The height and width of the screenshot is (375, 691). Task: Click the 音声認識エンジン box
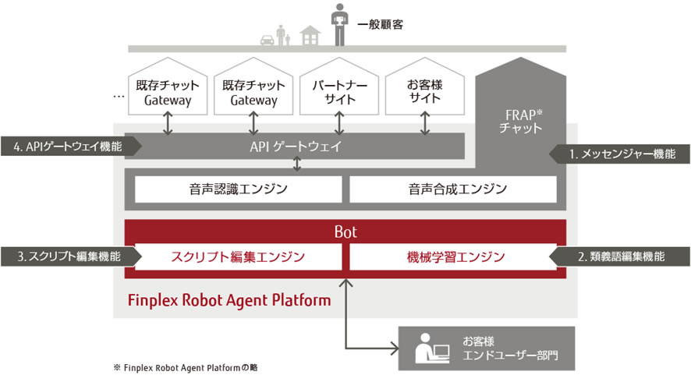[238, 189]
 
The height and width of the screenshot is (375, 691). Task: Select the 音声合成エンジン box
[453, 189]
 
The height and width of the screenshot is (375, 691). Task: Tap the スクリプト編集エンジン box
[238, 256]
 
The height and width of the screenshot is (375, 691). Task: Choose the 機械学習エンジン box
[453, 256]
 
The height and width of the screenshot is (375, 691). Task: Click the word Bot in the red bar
[345, 232]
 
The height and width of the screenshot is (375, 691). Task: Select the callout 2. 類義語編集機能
[620, 256]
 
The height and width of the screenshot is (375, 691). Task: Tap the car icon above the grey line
[268, 36]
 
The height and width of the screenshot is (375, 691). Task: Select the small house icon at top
[310, 35]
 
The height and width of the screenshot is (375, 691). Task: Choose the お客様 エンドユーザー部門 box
[486, 348]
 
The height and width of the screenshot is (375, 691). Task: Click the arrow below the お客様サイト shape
[424, 122]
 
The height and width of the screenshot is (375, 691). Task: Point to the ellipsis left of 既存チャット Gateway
[119, 96]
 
